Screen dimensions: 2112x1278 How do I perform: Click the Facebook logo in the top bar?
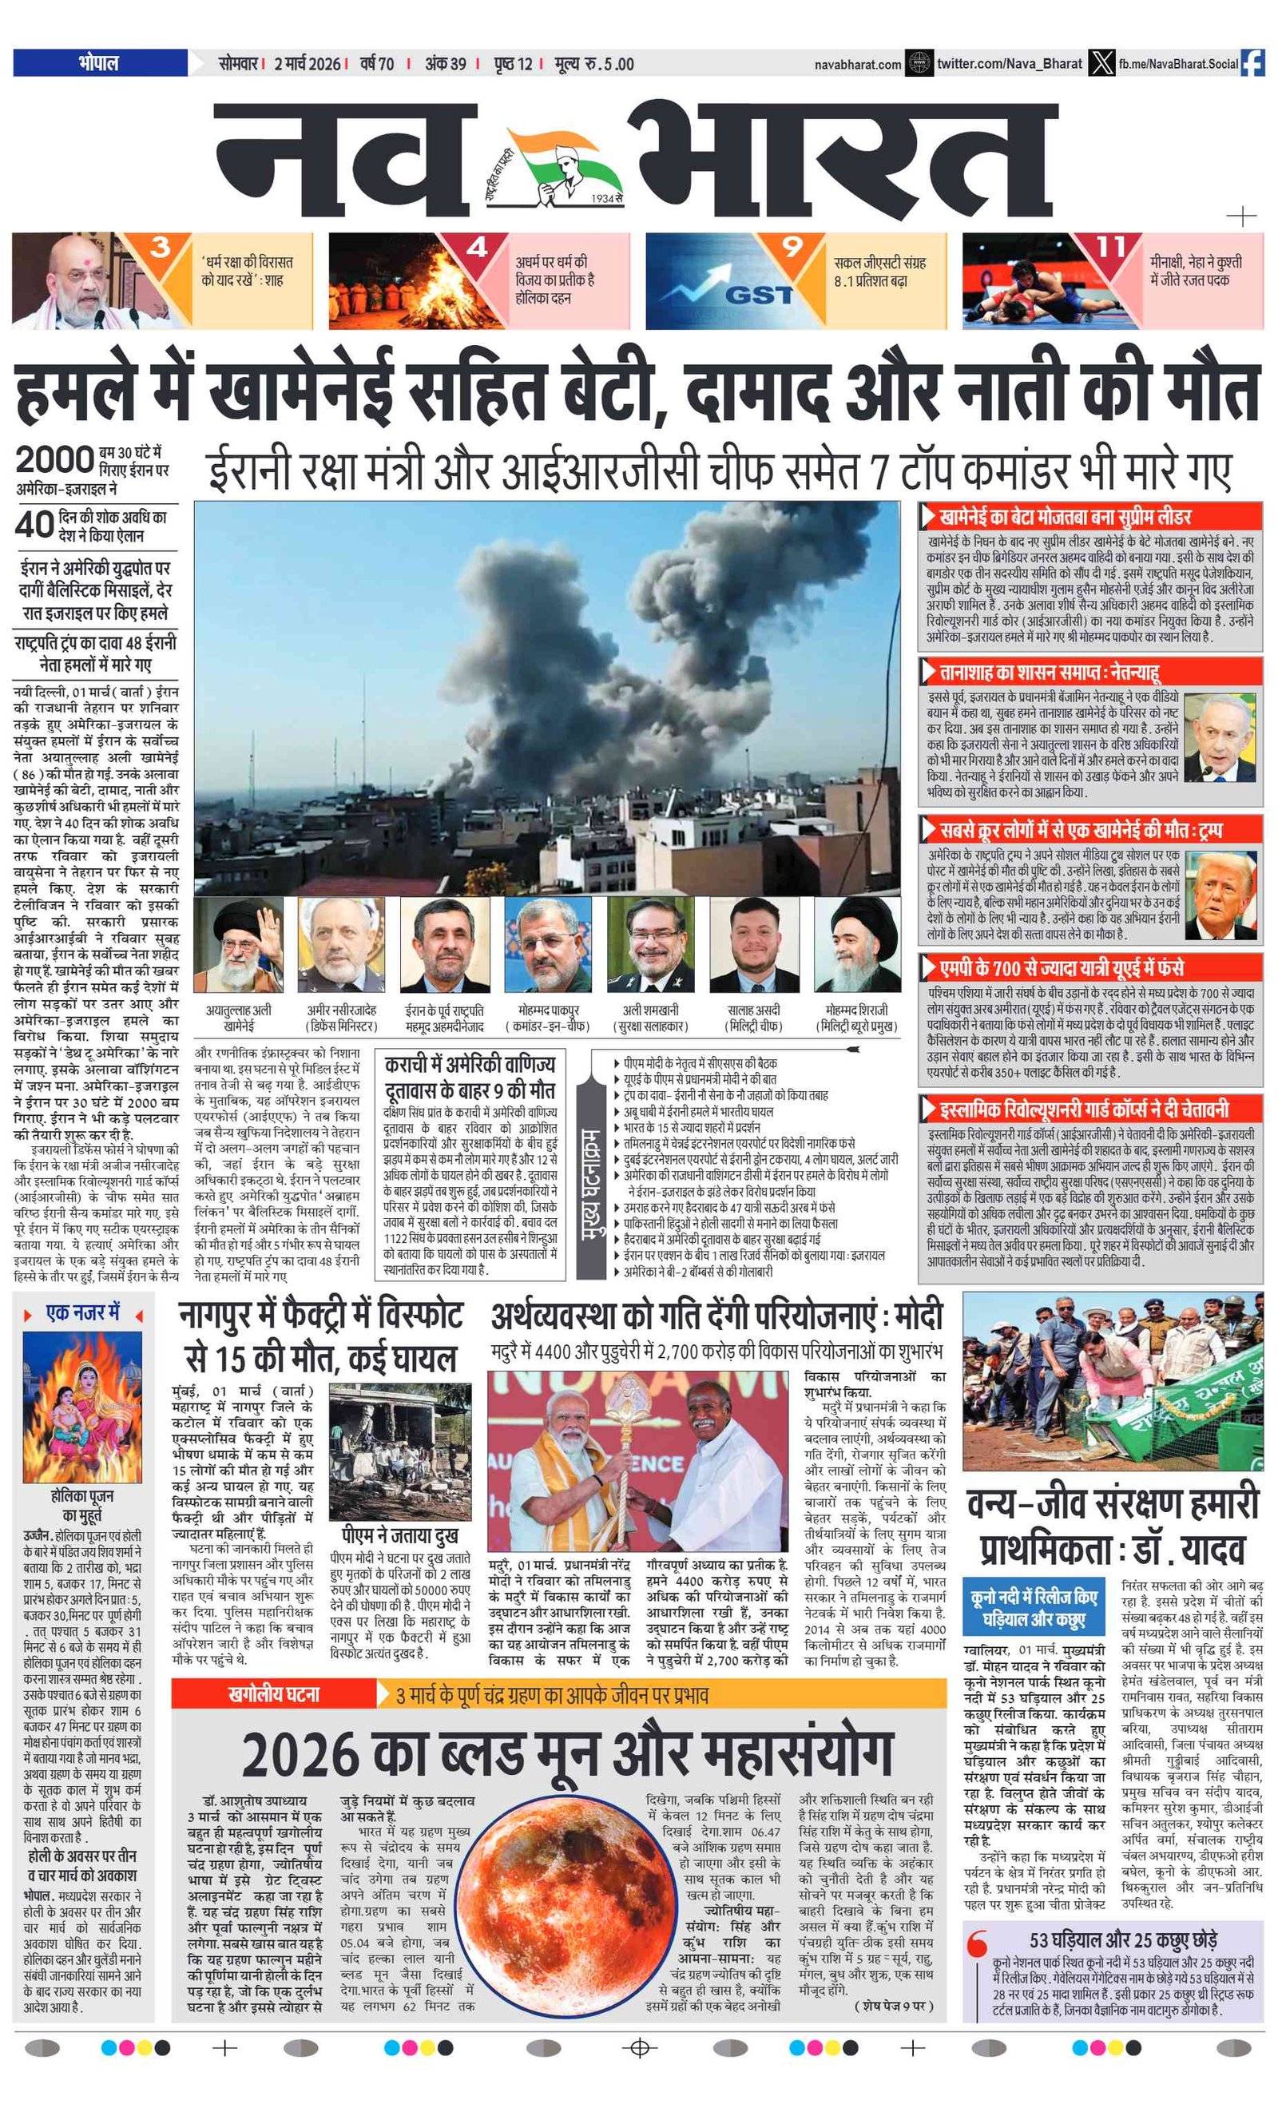pos(1252,63)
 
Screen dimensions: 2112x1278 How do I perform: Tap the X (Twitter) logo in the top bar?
pos(1101,63)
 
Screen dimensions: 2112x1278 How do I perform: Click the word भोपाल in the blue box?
pos(99,62)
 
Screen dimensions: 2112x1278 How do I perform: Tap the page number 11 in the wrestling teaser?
pos(1111,247)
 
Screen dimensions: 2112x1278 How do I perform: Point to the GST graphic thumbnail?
pos(720,281)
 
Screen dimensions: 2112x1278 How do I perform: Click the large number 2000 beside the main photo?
pos(54,460)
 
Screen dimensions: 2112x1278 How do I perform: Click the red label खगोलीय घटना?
pos(273,1693)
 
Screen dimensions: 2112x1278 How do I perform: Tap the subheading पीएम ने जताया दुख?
pos(399,1535)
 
